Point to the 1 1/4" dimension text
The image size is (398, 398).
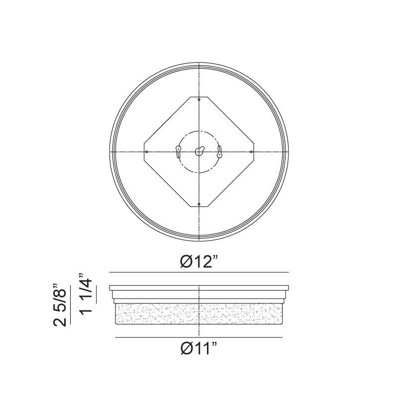click(x=86, y=294)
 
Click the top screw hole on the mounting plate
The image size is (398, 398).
click(x=199, y=99)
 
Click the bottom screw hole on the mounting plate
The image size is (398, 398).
click(x=199, y=204)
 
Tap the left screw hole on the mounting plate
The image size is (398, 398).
click(x=146, y=152)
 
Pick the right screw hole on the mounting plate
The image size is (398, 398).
click(x=251, y=152)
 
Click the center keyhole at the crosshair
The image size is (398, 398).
click(x=199, y=151)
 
